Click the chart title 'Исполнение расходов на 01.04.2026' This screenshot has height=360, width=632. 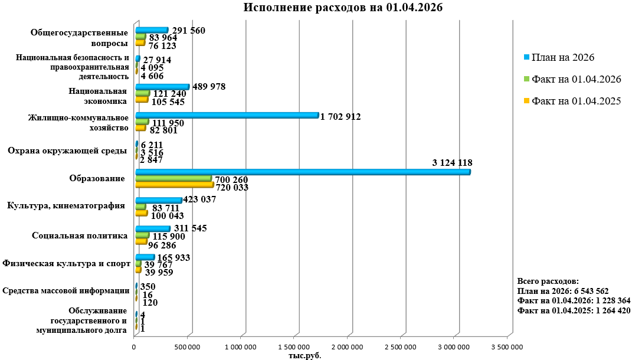[x=343, y=8]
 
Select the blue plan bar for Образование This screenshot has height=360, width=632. [x=302, y=172]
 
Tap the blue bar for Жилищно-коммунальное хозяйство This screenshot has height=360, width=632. [x=227, y=116]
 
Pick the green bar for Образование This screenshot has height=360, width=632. [x=173, y=178]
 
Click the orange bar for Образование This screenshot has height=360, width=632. [x=174, y=185]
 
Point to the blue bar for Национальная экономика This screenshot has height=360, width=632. [x=162, y=87]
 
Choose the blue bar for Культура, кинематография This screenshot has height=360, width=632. [x=158, y=201]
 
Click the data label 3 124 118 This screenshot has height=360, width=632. [x=452, y=162]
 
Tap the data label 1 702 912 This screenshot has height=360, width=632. [x=340, y=116]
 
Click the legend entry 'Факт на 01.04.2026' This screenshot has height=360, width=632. [x=576, y=79]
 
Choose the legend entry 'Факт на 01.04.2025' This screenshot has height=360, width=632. [x=576, y=101]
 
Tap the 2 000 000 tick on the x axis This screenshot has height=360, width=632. [x=346, y=347]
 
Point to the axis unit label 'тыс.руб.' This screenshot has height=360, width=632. [x=304, y=355]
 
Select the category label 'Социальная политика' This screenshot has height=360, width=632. [x=80, y=236]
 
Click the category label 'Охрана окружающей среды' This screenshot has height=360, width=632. [x=67, y=151]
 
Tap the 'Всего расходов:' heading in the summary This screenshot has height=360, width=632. [x=548, y=282]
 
